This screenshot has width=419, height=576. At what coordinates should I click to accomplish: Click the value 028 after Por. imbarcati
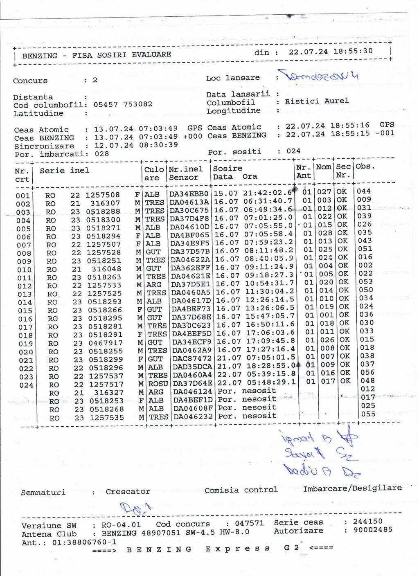tap(101, 154)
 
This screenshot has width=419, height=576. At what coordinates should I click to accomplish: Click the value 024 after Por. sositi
tap(293, 151)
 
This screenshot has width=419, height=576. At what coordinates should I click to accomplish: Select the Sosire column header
tap(228, 169)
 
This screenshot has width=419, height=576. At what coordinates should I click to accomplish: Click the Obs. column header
tap(365, 166)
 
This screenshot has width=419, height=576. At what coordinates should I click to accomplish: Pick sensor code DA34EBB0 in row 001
tap(189, 193)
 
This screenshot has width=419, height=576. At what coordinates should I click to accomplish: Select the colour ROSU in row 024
tap(158, 384)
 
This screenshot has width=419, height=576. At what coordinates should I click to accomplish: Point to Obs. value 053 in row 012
tap(365, 281)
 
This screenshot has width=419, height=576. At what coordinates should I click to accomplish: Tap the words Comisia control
tap(241, 490)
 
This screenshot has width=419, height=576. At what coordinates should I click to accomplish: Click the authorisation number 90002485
tap(368, 530)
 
